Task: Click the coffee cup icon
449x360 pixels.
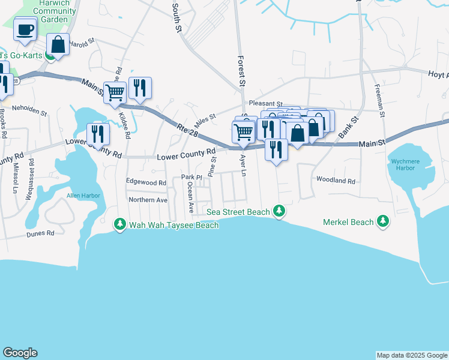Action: [x=25, y=29]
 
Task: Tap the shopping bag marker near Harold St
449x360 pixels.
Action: [x=58, y=44]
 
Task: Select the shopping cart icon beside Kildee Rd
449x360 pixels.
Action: [x=115, y=92]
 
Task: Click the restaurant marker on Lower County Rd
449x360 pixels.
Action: [x=98, y=133]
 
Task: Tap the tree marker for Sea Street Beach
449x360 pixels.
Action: [x=278, y=211]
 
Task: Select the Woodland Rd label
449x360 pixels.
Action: [x=336, y=181]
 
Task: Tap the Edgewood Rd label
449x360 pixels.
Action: [x=146, y=182]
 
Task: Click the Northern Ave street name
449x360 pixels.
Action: [x=148, y=200]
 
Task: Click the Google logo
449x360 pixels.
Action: [x=20, y=353]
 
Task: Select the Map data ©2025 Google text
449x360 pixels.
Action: [x=411, y=355]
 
